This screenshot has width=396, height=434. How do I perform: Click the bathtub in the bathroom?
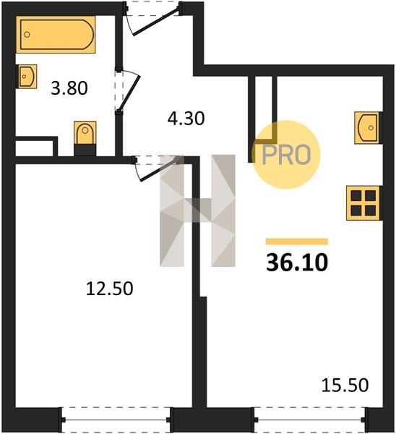[56, 35]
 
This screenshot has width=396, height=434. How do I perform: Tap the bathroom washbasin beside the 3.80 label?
[27, 77]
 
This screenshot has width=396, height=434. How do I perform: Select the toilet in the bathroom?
[85, 133]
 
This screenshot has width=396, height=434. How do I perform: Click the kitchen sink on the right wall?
[368, 127]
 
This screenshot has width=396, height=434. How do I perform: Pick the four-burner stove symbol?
[363, 203]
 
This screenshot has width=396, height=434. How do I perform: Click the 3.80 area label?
[69, 88]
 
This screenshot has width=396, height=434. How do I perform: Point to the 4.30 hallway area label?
[186, 119]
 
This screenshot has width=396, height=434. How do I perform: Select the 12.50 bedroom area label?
[110, 289]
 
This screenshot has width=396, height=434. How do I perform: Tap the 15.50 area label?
[345, 385]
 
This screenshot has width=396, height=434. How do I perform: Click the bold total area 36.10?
[297, 263]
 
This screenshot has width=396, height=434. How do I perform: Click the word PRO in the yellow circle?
[286, 156]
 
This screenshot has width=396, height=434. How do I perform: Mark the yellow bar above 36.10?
[297, 242]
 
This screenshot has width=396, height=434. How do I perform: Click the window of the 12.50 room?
[116, 420]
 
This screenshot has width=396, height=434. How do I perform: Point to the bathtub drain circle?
[27, 35]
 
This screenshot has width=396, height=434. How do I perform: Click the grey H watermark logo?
[197, 210]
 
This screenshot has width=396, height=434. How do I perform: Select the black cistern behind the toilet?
[85, 150]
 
